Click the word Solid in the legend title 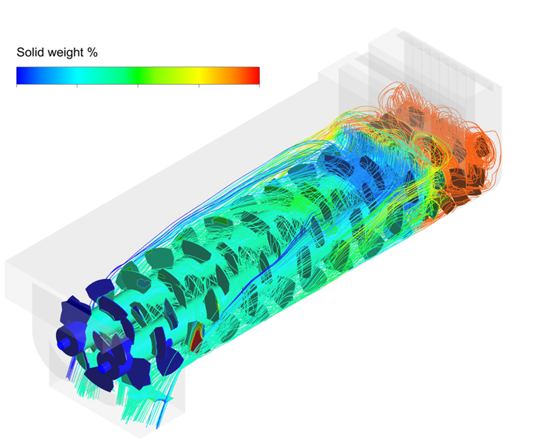31,52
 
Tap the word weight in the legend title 66,53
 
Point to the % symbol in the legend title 92,52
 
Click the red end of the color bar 256,76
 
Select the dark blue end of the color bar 20,76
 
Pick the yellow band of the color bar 199,76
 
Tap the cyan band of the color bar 77,76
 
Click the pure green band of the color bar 137,76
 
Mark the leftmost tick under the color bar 17,86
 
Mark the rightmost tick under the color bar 259,86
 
